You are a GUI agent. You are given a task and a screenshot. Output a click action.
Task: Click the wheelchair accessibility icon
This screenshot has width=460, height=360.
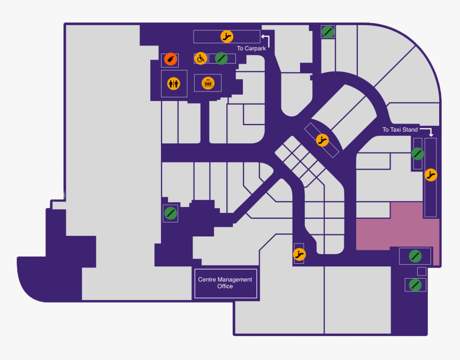point(200,58)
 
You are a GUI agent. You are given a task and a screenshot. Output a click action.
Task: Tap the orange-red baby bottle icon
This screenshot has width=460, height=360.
point(170,59)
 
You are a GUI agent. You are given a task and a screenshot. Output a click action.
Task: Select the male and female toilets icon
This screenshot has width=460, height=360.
point(174,83)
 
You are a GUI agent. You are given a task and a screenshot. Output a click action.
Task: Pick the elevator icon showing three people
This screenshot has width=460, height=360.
point(208,83)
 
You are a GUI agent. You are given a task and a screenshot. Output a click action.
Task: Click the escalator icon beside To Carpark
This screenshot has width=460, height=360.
point(227,36)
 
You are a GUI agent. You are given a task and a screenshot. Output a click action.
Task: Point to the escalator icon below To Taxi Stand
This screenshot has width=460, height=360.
point(431,174)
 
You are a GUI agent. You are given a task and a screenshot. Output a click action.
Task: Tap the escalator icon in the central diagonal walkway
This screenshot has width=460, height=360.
point(322,140)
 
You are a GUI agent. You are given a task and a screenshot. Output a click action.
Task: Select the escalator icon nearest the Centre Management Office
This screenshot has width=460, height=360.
point(300,254)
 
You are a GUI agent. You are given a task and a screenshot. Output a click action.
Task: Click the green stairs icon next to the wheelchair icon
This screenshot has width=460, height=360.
point(221,58)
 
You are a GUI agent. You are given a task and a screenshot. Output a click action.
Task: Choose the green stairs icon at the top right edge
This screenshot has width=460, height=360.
point(328,32)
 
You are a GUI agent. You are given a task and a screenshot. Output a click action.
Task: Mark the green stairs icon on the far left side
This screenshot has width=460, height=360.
point(170,213)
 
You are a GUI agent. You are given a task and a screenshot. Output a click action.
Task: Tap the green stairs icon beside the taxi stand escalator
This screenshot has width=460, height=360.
point(418,154)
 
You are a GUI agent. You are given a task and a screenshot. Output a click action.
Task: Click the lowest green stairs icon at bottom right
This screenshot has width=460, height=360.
point(415,285)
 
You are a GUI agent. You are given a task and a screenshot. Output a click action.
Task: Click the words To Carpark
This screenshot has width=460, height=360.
point(251,49)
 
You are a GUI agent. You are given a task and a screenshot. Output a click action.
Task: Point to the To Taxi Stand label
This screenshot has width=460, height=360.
point(400,130)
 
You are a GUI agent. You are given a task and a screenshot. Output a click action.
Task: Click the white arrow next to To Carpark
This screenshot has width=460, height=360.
point(266,39)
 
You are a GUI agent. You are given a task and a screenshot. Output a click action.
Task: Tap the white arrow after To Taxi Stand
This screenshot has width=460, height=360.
point(427,131)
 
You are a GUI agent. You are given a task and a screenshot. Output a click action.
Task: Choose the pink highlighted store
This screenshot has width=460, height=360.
point(396,230)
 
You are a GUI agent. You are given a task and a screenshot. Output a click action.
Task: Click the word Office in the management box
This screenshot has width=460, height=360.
point(225,287)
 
